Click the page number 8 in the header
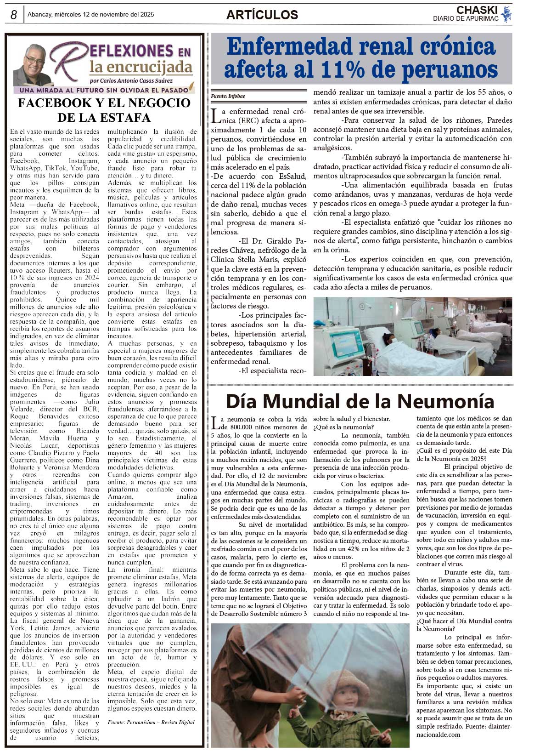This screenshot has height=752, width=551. pos(14,15)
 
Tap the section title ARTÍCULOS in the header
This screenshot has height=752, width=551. pos(262,15)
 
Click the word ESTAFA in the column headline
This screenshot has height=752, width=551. pos(124,118)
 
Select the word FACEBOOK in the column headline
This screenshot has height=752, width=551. pos(50,103)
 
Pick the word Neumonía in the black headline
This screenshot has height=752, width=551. pos(445,401)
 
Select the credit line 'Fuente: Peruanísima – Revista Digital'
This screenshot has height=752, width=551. pos(151,722)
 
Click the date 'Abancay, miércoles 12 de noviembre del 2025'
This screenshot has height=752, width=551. pos(91,15)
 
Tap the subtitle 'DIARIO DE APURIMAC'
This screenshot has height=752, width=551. pos(466,19)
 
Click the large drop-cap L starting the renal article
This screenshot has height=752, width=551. pos(215,116)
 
